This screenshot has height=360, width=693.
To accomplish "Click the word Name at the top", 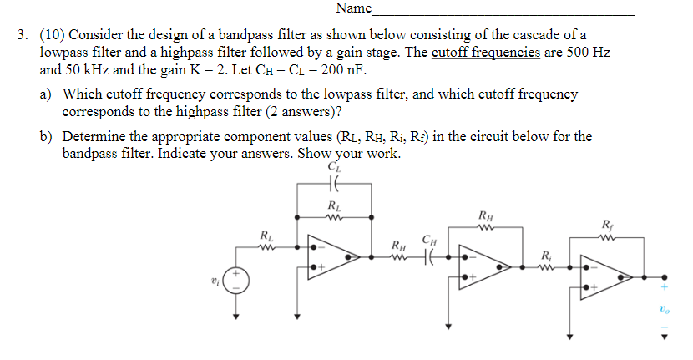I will coord(353,8).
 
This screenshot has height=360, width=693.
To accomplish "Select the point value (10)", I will coord(52,35).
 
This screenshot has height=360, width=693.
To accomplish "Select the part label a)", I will coord(48,94).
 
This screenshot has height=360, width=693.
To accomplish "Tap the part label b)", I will coord(48,136).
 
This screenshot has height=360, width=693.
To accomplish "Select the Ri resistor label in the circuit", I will coord(545,254).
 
